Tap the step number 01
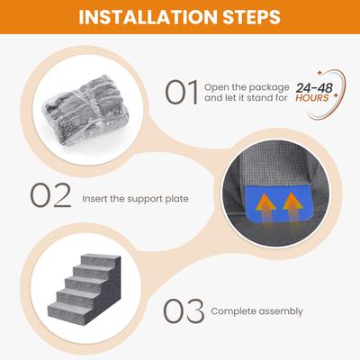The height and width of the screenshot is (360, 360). tap(182, 93)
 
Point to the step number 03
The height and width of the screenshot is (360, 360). tap(184, 310)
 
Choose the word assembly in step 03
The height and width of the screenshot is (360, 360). tap(281, 312)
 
